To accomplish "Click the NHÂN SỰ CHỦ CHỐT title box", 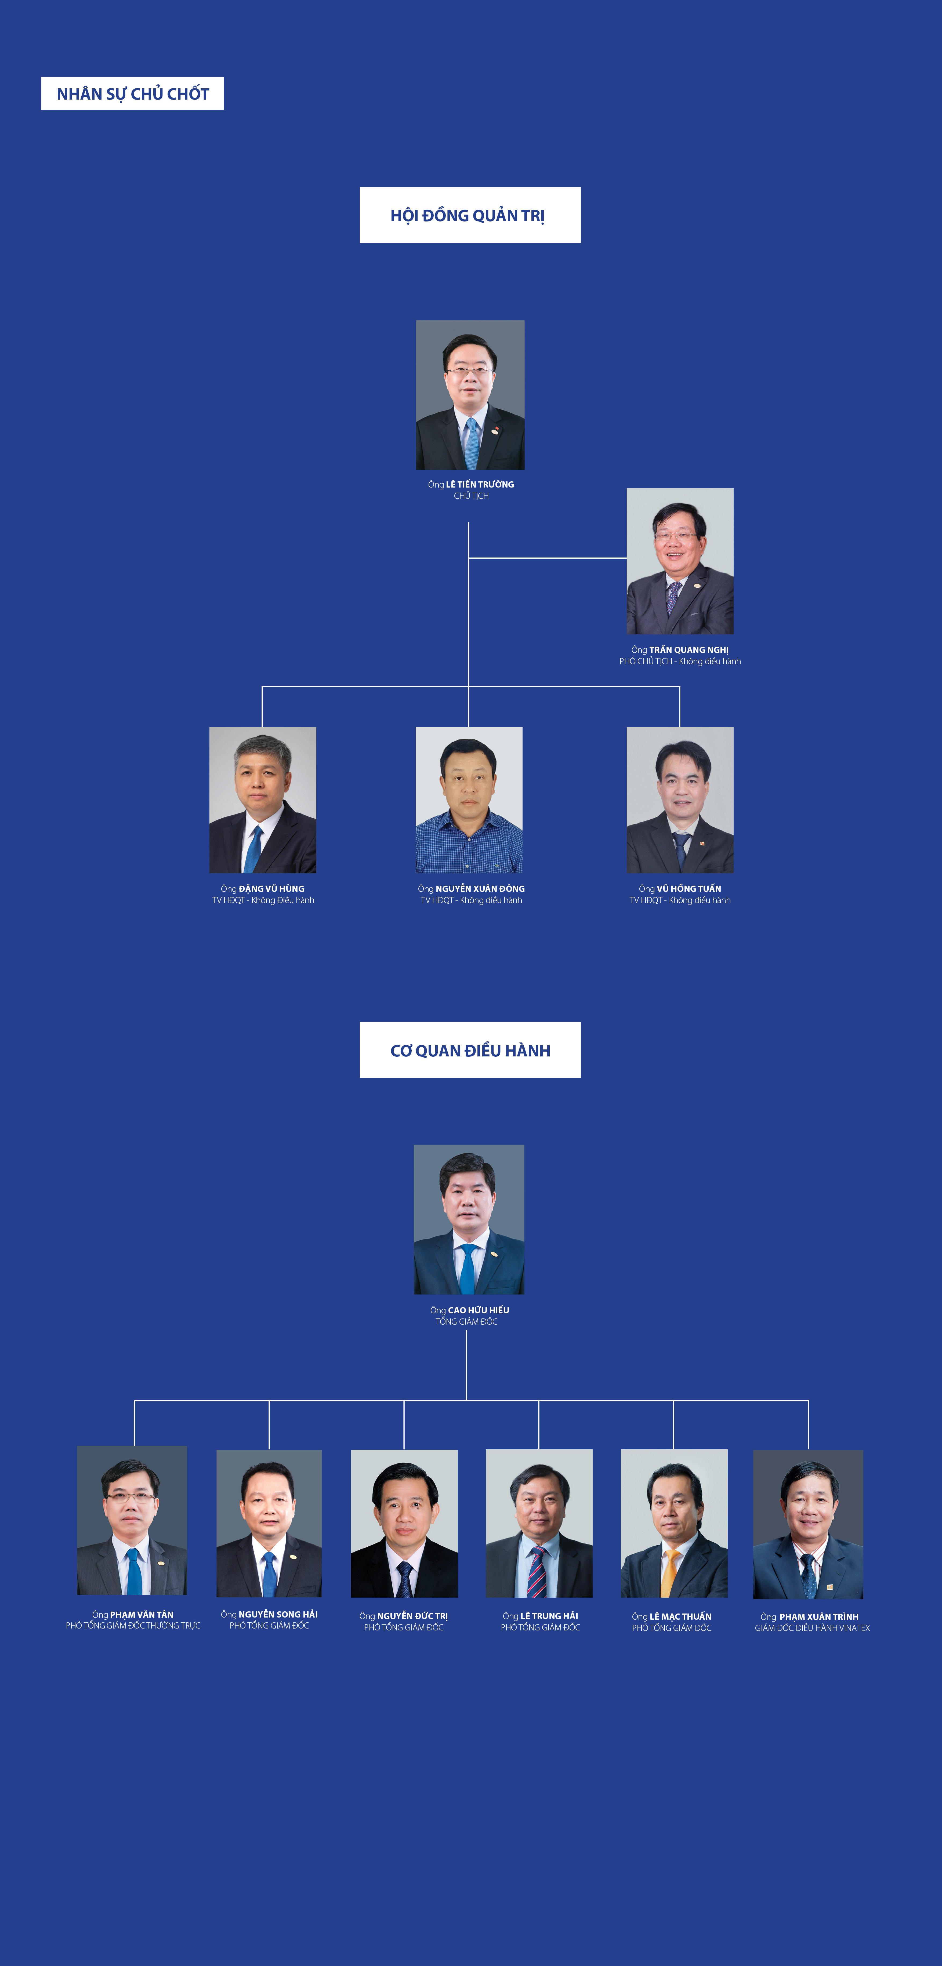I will (x=132, y=93).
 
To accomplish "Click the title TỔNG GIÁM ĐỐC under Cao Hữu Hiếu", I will (x=466, y=1322).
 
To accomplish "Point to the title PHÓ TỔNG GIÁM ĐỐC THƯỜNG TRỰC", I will (x=133, y=1626).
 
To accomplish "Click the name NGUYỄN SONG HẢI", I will (x=278, y=1614).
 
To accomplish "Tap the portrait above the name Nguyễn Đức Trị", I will (x=404, y=1523).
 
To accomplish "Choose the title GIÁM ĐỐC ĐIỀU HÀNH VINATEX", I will (x=812, y=1628).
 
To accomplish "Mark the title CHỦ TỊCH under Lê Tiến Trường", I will (x=471, y=496).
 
